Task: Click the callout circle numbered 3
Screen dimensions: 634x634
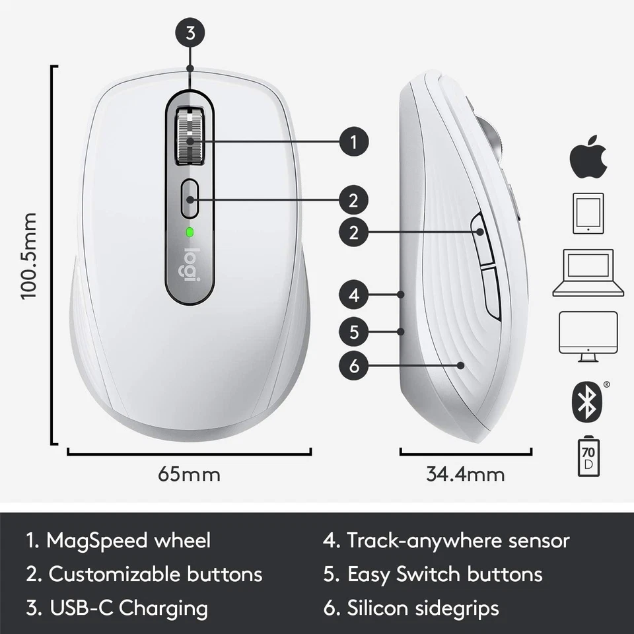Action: click(190, 34)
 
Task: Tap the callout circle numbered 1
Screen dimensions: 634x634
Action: click(355, 141)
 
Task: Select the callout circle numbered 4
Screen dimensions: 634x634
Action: click(355, 295)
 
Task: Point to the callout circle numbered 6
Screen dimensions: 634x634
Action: click(355, 365)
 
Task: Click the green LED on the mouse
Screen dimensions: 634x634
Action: click(190, 232)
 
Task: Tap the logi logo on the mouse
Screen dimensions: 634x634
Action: click(191, 265)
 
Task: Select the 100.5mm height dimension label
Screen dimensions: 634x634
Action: click(28, 255)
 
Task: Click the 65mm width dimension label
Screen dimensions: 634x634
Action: click(189, 474)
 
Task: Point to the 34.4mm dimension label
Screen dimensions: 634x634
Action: click(465, 474)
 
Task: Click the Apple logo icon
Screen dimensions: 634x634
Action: click(587, 157)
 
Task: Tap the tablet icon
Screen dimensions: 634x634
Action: click(588, 213)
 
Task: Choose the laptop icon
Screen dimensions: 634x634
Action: click(588, 273)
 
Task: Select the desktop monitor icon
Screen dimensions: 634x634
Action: click(588, 335)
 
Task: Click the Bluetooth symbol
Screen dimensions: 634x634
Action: click(586, 400)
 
